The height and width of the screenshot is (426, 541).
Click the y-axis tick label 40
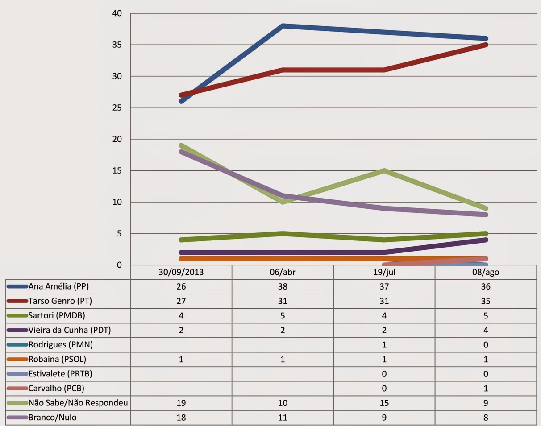pyautogui.click(x=117, y=13)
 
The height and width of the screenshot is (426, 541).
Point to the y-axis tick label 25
pyautogui.click(x=117, y=108)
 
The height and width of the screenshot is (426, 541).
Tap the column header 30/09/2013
pyautogui.click(x=181, y=272)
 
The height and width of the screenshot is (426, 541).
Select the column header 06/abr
pyautogui.click(x=283, y=272)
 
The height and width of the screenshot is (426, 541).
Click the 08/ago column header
pyautogui.click(x=486, y=272)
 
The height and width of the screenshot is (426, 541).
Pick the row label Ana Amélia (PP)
pyautogui.click(x=62, y=286)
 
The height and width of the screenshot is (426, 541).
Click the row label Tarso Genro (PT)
pyautogui.click(x=60, y=301)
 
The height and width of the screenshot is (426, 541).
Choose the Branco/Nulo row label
pyautogui.click(x=55, y=418)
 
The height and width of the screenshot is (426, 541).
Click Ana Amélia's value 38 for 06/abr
pyautogui.click(x=283, y=286)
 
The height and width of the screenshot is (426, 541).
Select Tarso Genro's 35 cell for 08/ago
pyautogui.click(x=486, y=301)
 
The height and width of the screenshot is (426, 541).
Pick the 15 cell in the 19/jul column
pyautogui.click(x=384, y=403)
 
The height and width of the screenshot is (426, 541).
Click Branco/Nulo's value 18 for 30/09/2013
pyautogui.click(x=181, y=418)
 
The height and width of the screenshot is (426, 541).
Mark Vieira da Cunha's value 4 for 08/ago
pyautogui.click(x=486, y=330)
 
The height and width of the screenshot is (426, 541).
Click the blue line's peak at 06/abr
pyautogui.click(x=283, y=26)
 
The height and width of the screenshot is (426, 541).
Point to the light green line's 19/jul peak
pyautogui.click(x=384, y=171)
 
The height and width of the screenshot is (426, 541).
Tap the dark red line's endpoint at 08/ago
pyautogui.click(x=486, y=45)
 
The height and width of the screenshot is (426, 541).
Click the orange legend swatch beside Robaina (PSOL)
pyautogui.click(x=17, y=359)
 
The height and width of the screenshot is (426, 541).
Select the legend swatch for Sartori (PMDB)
pyautogui.click(x=17, y=316)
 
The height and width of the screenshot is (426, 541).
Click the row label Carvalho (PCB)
pyautogui.click(x=56, y=389)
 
